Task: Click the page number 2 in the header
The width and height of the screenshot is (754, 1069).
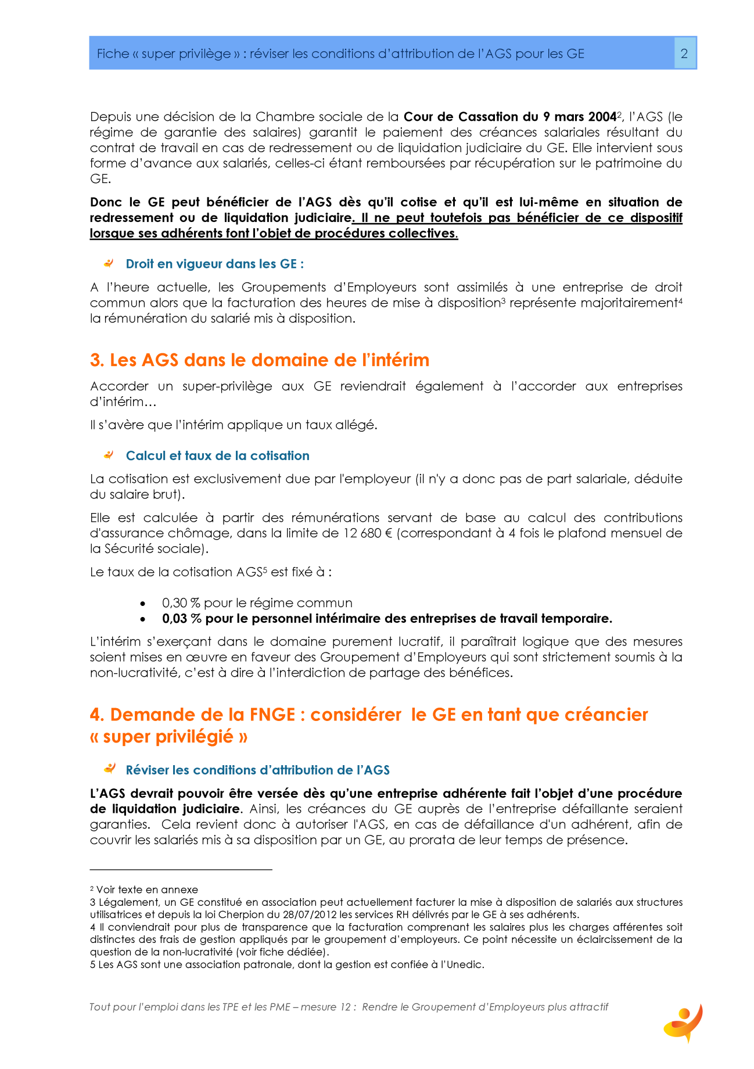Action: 684,53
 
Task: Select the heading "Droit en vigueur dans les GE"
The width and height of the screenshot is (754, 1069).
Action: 214,264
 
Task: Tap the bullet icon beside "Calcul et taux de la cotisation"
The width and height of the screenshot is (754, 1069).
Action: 109,455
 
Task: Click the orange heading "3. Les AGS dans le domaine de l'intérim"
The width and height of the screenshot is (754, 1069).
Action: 260,360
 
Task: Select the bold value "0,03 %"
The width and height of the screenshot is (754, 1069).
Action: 181,619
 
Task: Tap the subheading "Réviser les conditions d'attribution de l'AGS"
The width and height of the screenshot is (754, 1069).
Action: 257,770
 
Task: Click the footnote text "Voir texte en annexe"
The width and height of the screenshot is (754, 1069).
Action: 147,890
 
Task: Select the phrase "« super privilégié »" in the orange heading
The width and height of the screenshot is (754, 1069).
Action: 169,737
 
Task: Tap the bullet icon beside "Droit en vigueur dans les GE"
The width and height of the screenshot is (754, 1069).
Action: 109,264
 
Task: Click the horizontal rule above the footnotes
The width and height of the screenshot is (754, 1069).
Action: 181,870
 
